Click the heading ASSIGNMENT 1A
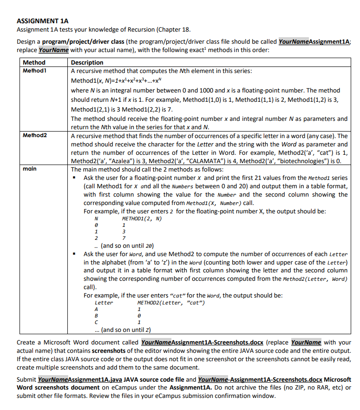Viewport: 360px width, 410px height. (x=42, y=21)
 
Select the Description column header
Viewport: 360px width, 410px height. (x=87, y=62)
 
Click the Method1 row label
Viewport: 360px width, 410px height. (x=36, y=70)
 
